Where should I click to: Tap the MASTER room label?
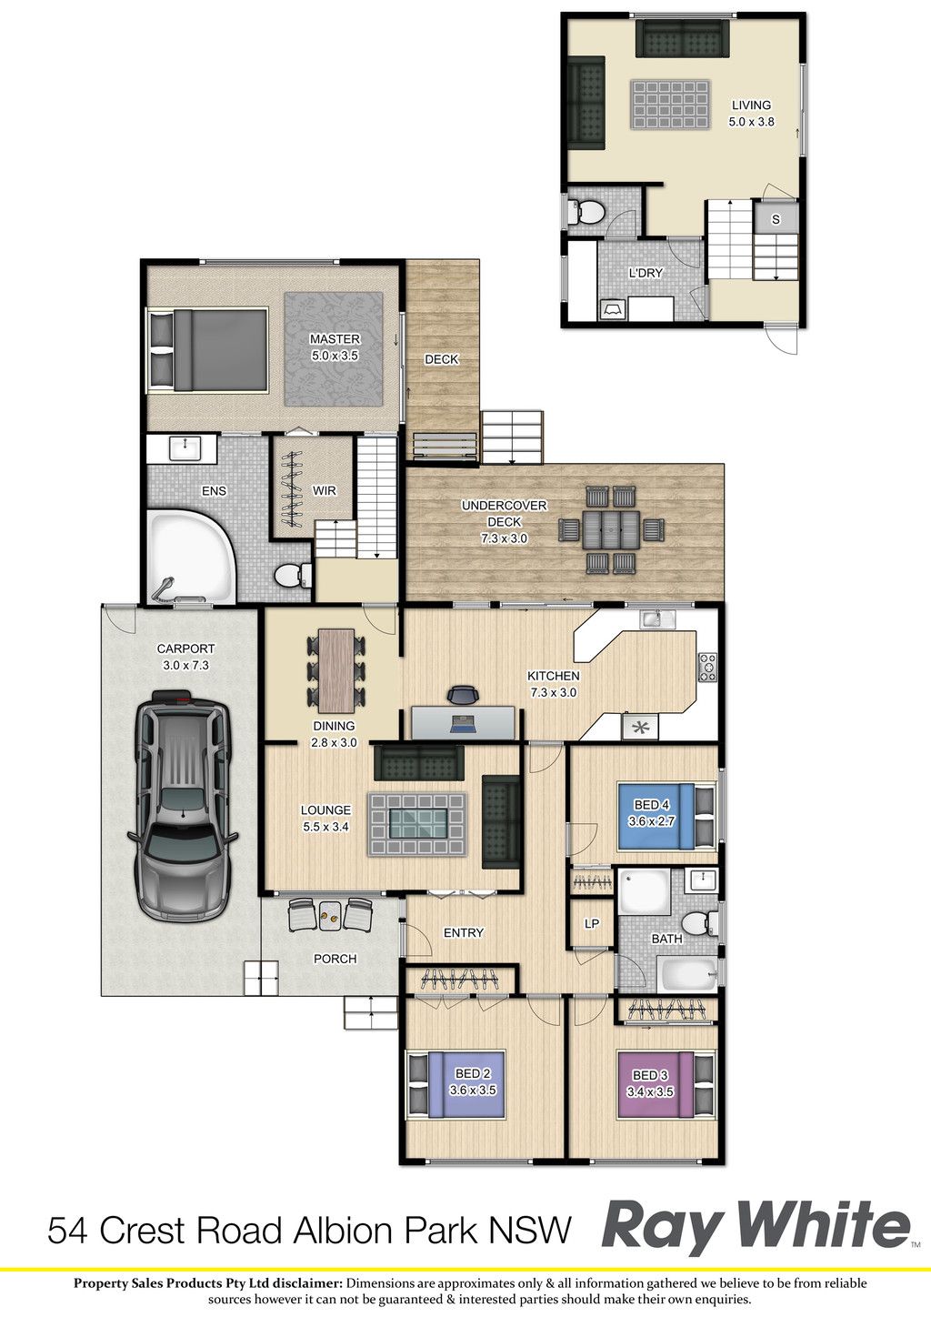click(x=335, y=338)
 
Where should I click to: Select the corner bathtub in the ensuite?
click(x=192, y=557)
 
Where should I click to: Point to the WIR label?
click(x=324, y=490)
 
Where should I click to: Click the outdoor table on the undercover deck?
click(x=611, y=528)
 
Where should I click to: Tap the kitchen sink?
click(x=658, y=618)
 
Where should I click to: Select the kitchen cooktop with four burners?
click(x=707, y=668)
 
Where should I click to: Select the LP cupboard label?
click(x=592, y=924)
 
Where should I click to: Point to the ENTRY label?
click(x=464, y=932)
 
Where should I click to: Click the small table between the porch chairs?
click(x=330, y=914)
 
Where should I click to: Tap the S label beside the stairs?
click(x=776, y=219)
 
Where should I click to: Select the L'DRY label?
click(x=646, y=273)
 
